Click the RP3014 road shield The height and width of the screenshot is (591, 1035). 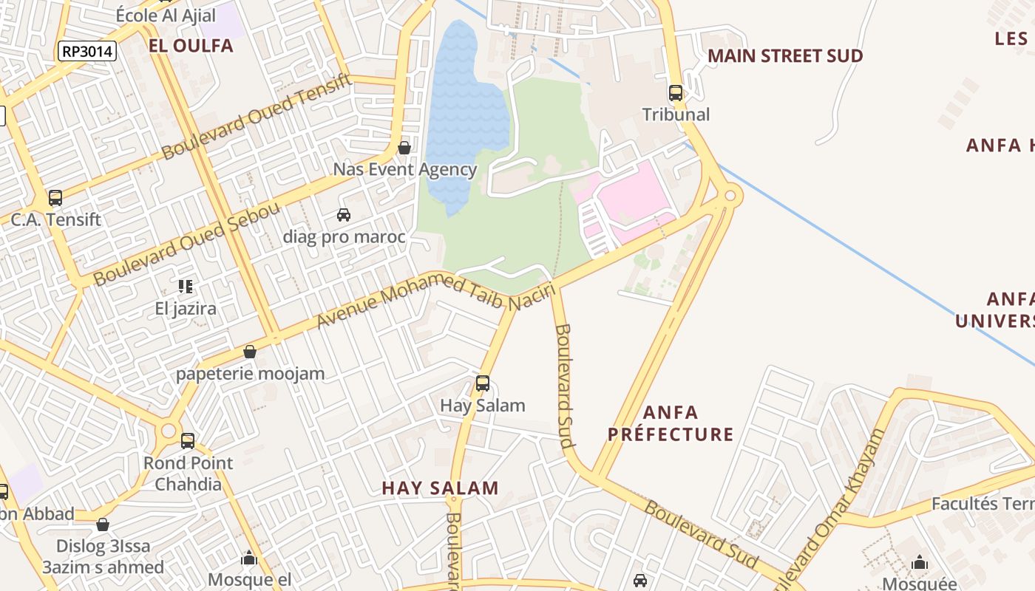(x=87, y=51)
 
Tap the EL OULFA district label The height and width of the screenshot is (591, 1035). (x=191, y=46)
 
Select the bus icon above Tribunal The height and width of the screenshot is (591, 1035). (x=676, y=93)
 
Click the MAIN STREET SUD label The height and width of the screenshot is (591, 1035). (x=785, y=56)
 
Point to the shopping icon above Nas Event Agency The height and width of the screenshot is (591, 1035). (x=404, y=148)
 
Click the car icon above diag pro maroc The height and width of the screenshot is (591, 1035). (x=344, y=215)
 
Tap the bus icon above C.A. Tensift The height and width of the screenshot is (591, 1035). (x=55, y=198)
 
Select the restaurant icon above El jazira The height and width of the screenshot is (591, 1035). (x=186, y=286)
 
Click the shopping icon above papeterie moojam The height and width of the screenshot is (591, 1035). (x=250, y=352)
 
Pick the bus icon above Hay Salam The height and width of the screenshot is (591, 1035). (x=483, y=383)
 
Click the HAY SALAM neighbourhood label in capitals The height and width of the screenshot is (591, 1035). (x=440, y=488)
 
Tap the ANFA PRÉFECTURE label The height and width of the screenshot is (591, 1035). (x=671, y=423)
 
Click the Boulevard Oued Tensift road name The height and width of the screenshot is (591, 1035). (x=257, y=117)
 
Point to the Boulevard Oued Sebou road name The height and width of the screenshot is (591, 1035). (x=187, y=243)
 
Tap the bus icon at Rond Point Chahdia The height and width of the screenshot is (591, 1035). (x=188, y=441)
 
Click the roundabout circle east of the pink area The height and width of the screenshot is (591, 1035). (x=730, y=195)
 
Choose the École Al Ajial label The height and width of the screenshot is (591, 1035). (x=166, y=16)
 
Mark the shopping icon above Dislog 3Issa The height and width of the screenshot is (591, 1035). (x=103, y=525)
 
